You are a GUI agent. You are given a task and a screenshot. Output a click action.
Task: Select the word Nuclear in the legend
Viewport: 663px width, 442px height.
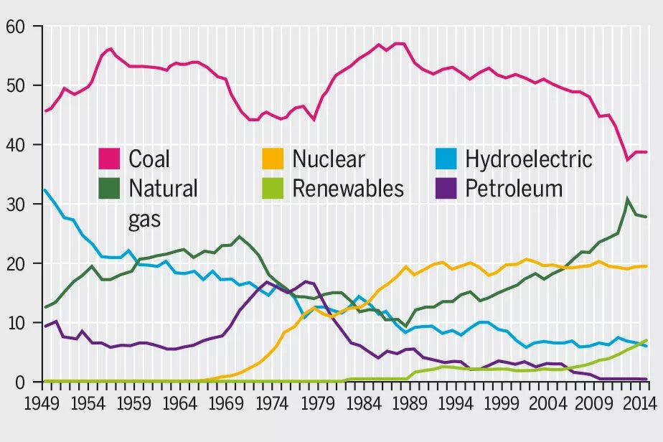point(328,159)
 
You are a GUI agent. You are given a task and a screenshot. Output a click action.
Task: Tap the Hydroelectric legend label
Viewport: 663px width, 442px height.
point(529,159)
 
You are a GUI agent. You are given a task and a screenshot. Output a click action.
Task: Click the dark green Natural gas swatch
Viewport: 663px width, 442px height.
point(109,188)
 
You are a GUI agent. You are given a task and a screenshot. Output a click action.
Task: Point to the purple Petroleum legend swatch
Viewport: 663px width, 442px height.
point(446,188)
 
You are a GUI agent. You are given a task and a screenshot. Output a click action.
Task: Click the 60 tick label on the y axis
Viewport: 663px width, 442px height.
point(16,27)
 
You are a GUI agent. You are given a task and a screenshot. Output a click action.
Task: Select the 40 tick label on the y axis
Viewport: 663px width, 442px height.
point(16,146)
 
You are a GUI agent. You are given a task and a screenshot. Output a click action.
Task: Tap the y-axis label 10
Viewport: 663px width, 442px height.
point(16,324)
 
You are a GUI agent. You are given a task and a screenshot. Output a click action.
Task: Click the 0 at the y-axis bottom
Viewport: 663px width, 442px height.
point(21,382)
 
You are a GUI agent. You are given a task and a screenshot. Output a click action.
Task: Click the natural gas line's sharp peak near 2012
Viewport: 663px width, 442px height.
point(627,199)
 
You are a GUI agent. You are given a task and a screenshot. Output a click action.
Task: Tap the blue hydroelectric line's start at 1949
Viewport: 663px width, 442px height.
point(44,190)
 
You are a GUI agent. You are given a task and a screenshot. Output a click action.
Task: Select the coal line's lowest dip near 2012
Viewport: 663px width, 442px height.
point(627,159)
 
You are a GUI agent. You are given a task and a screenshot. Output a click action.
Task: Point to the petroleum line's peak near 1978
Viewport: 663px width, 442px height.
point(306,281)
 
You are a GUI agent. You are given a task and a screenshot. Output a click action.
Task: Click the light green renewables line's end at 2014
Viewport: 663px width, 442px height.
point(646,340)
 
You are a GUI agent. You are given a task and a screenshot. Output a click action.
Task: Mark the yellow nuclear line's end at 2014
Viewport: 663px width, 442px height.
point(646,266)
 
